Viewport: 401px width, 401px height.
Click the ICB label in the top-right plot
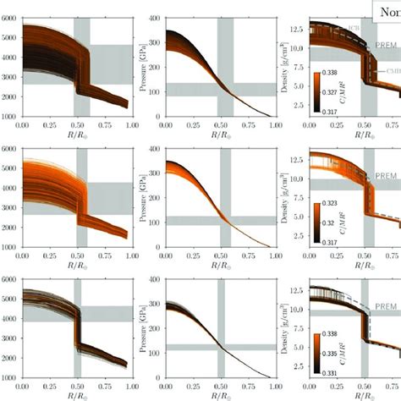350,27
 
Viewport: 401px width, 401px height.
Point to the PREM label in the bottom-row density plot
386,306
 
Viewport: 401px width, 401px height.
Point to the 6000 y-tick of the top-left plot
12,17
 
